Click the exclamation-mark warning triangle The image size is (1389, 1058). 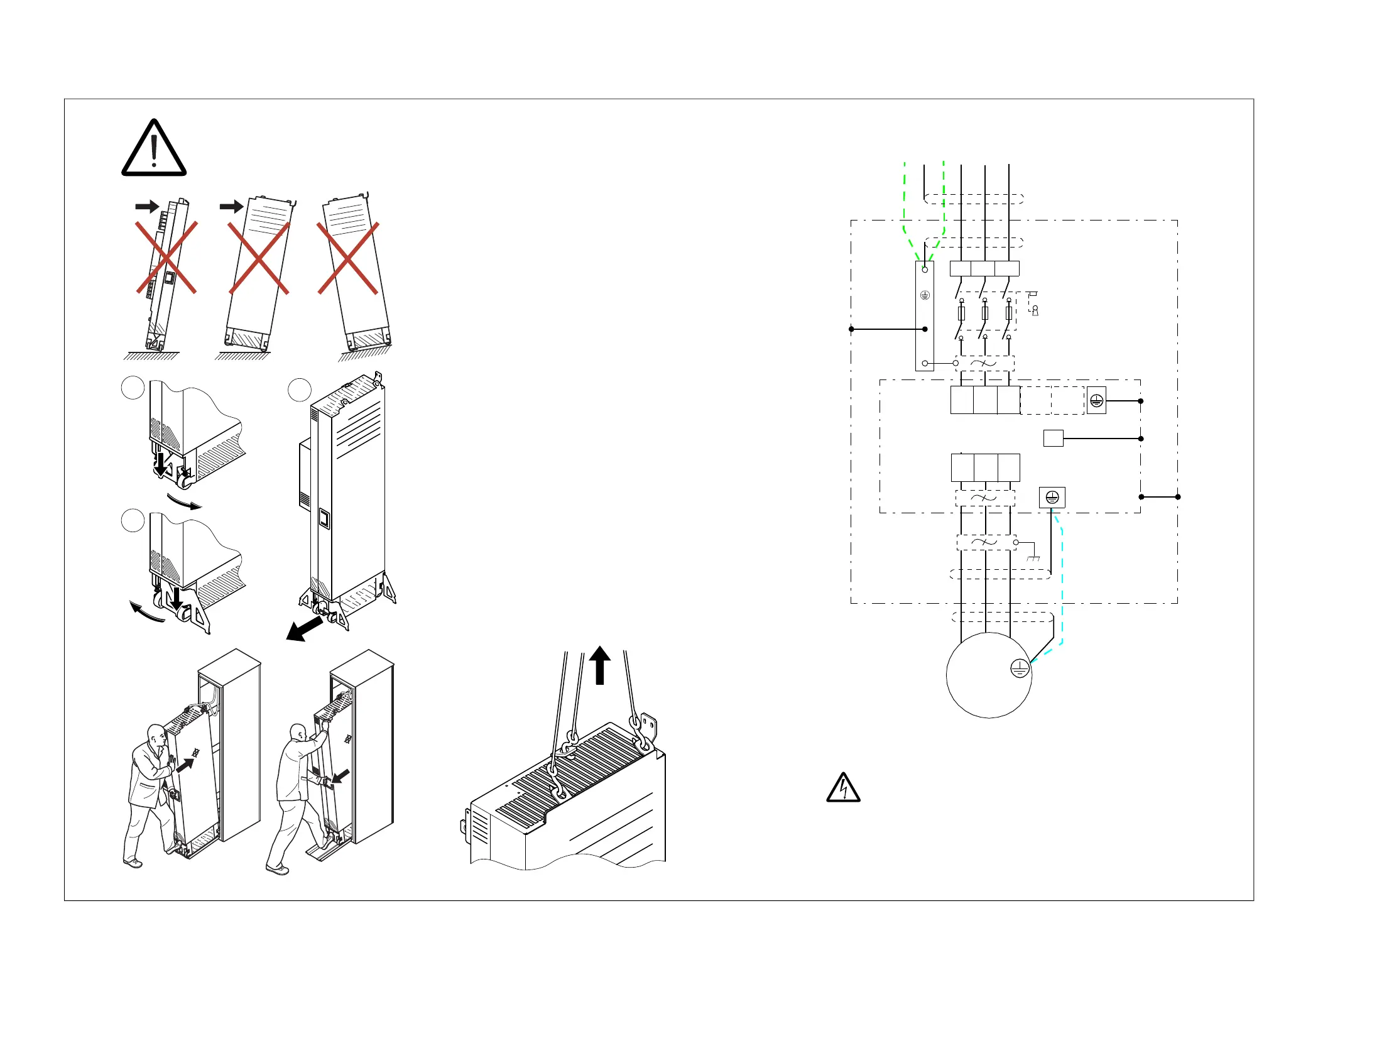154,150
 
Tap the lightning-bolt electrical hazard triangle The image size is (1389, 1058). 843,788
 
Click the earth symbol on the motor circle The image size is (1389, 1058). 1020,668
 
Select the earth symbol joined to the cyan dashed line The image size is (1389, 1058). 1052,498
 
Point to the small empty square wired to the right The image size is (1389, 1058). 1053,439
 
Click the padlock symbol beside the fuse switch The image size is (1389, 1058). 1035,310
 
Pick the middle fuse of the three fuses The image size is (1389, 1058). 985,313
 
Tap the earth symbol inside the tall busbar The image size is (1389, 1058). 924,295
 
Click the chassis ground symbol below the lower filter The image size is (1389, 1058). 1033,558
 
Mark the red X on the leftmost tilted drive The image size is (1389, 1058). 167,257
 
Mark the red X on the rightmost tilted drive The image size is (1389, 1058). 347,258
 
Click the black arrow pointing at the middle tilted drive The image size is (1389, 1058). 231,207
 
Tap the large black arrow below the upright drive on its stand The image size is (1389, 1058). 304,629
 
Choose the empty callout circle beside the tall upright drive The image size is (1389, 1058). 299,390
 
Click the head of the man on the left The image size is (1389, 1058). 156,735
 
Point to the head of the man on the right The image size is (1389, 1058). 298,733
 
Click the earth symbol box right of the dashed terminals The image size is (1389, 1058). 1096,401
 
